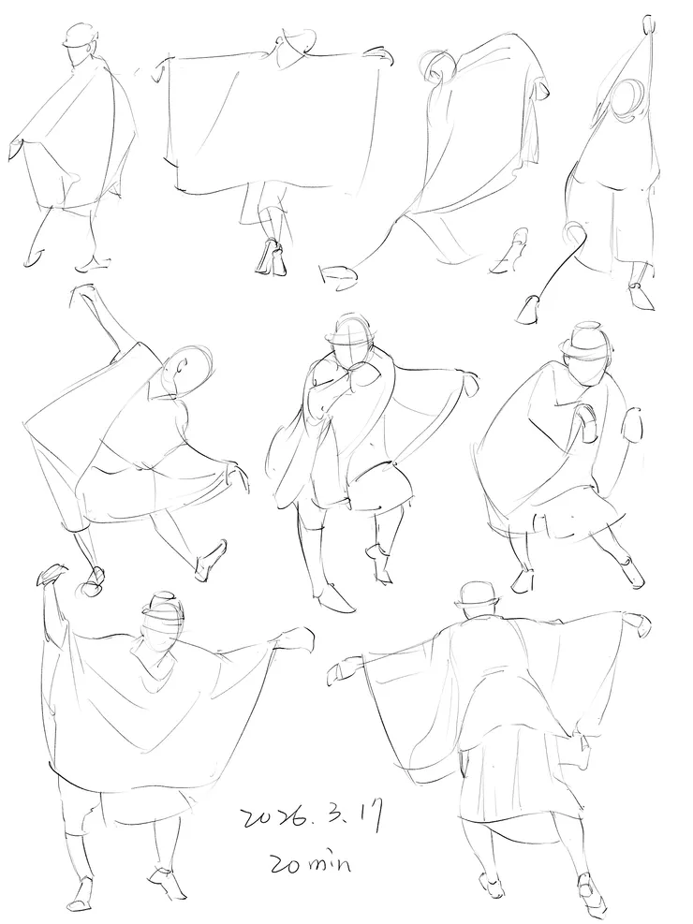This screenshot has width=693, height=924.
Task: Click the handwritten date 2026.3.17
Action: click(313, 817)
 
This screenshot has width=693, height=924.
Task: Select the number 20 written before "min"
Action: click(285, 864)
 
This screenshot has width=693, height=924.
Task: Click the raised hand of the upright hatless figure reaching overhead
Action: click(649, 24)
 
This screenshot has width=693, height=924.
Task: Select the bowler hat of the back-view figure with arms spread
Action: click(478, 596)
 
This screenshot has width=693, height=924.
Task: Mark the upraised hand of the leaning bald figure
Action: click(82, 293)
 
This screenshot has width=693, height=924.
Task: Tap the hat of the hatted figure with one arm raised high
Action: click(163, 605)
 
